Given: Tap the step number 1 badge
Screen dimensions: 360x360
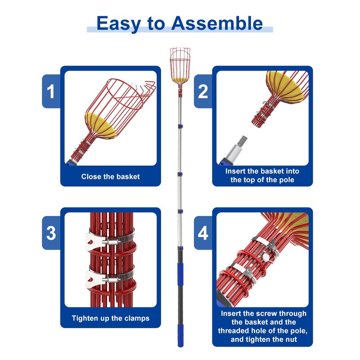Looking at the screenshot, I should [x=51, y=91].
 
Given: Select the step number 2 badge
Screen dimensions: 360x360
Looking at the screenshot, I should [x=203, y=91].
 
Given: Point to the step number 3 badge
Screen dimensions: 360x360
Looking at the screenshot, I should [x=51, y=233].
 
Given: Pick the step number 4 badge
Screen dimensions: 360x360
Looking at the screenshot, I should [x=203, y=233].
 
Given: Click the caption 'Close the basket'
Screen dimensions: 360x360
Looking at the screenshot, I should [x=110, y=176].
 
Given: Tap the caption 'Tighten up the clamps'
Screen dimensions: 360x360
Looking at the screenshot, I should [x=110, y=318].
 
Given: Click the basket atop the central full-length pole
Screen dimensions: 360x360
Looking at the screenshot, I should [x=179, y=66].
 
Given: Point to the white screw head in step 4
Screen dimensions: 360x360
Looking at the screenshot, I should [x=268, y=257].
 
